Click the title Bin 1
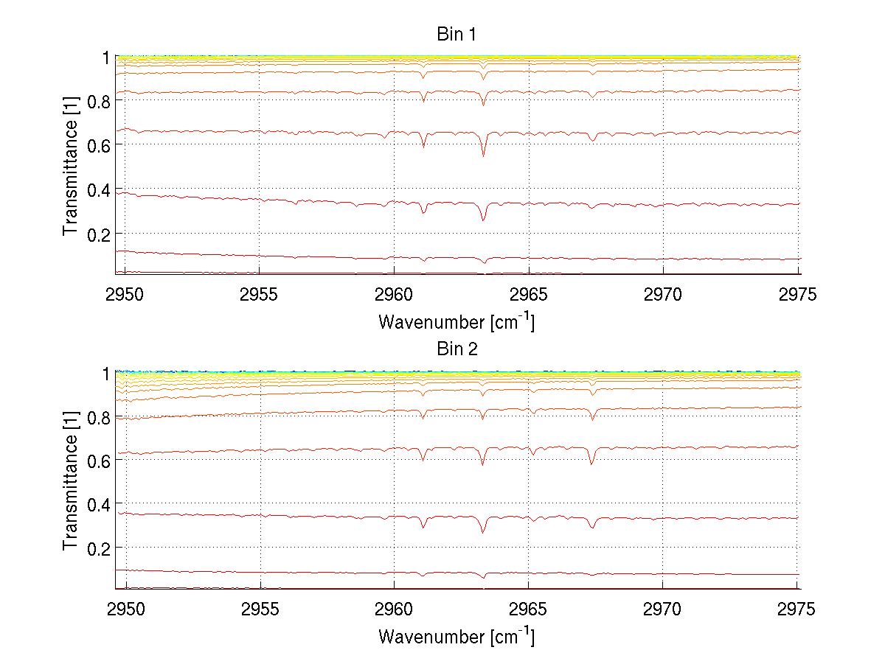pos(457,35)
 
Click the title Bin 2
pos(457,349)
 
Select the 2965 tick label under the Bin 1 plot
pos(529,296)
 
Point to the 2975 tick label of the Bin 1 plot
pos(797,296)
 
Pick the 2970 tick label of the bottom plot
pos(663,611)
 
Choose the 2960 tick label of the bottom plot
pos(395,611)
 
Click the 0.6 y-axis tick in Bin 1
pos(98,145)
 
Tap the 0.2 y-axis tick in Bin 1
pos(98,234)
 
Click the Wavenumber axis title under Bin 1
pos(457,321)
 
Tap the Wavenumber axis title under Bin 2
pos(457,636)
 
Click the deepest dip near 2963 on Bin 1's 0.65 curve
pos(483,155)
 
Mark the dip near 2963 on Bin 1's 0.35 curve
pos(483,220)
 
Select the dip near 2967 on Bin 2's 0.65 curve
pos(591,464)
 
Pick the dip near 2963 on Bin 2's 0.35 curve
pos(483,532)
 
